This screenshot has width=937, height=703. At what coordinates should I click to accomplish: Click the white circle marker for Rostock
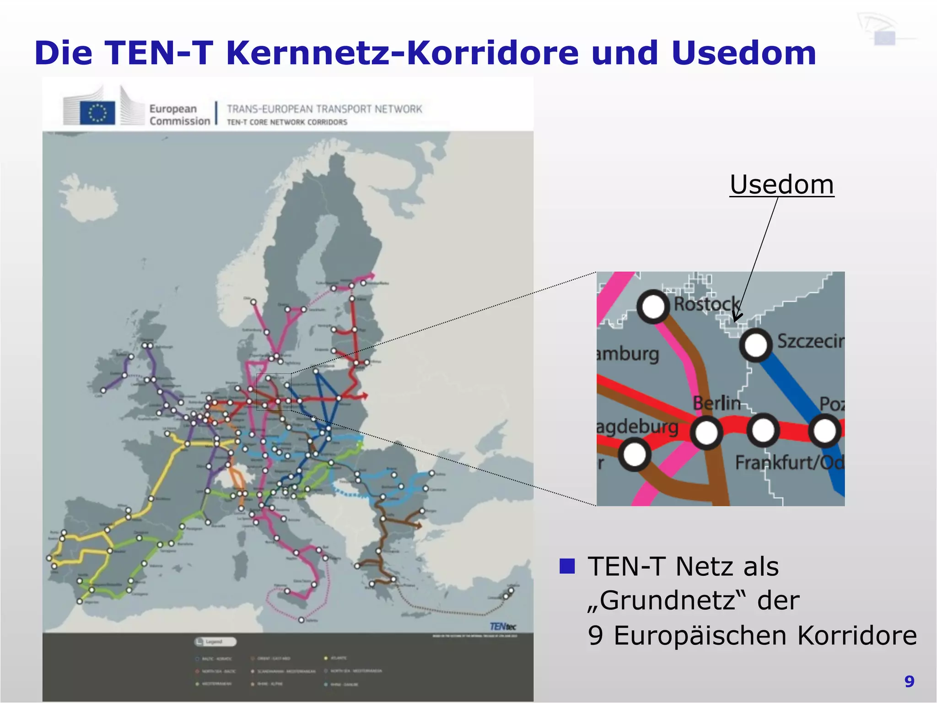(x=653, y=306)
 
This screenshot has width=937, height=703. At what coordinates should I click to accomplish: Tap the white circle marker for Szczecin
(x=756, y=345)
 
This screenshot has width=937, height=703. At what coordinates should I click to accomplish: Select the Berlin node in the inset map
(x=706, y=432)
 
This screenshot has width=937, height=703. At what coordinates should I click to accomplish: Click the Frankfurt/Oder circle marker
(x=763, y=430)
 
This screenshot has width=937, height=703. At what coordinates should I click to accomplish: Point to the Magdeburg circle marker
(x=635, y=454)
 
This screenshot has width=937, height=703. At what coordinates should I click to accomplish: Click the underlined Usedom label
(x=781, y=184)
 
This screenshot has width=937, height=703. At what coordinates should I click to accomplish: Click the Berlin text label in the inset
(x=716, y=403)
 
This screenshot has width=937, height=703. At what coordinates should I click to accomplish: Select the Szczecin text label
(x=810, y=341)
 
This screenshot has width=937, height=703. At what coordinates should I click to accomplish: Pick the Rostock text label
(x=706, y=303)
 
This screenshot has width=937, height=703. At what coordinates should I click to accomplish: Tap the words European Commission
(x=179, y=115)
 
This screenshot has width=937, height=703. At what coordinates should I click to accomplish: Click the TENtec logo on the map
(x=503, y=626)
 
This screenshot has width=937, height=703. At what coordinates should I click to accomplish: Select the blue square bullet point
(x=567, y=566)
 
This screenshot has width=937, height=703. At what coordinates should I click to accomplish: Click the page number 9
(x=909, y=681)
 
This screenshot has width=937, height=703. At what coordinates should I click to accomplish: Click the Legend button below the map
(x=215, y=642)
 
